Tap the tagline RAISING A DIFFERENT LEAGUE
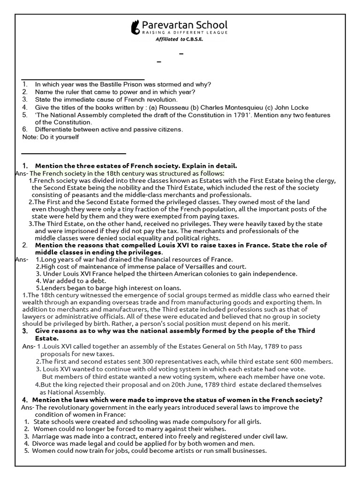(185, 33)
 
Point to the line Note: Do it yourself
(51, 137)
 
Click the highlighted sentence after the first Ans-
(127, 173)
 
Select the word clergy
(325, 180)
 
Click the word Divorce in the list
(45, 443)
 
